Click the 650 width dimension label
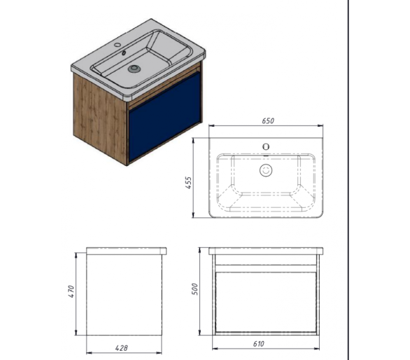tap(268, 120)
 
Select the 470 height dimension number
tap(71, 291)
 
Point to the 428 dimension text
tap(121, 348)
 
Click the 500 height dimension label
tap(195, 289)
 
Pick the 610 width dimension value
tap(259, 343)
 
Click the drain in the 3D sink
tap(134, 69)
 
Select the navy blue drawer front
tap(164, 116)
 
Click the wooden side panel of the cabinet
tap(100, 118)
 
